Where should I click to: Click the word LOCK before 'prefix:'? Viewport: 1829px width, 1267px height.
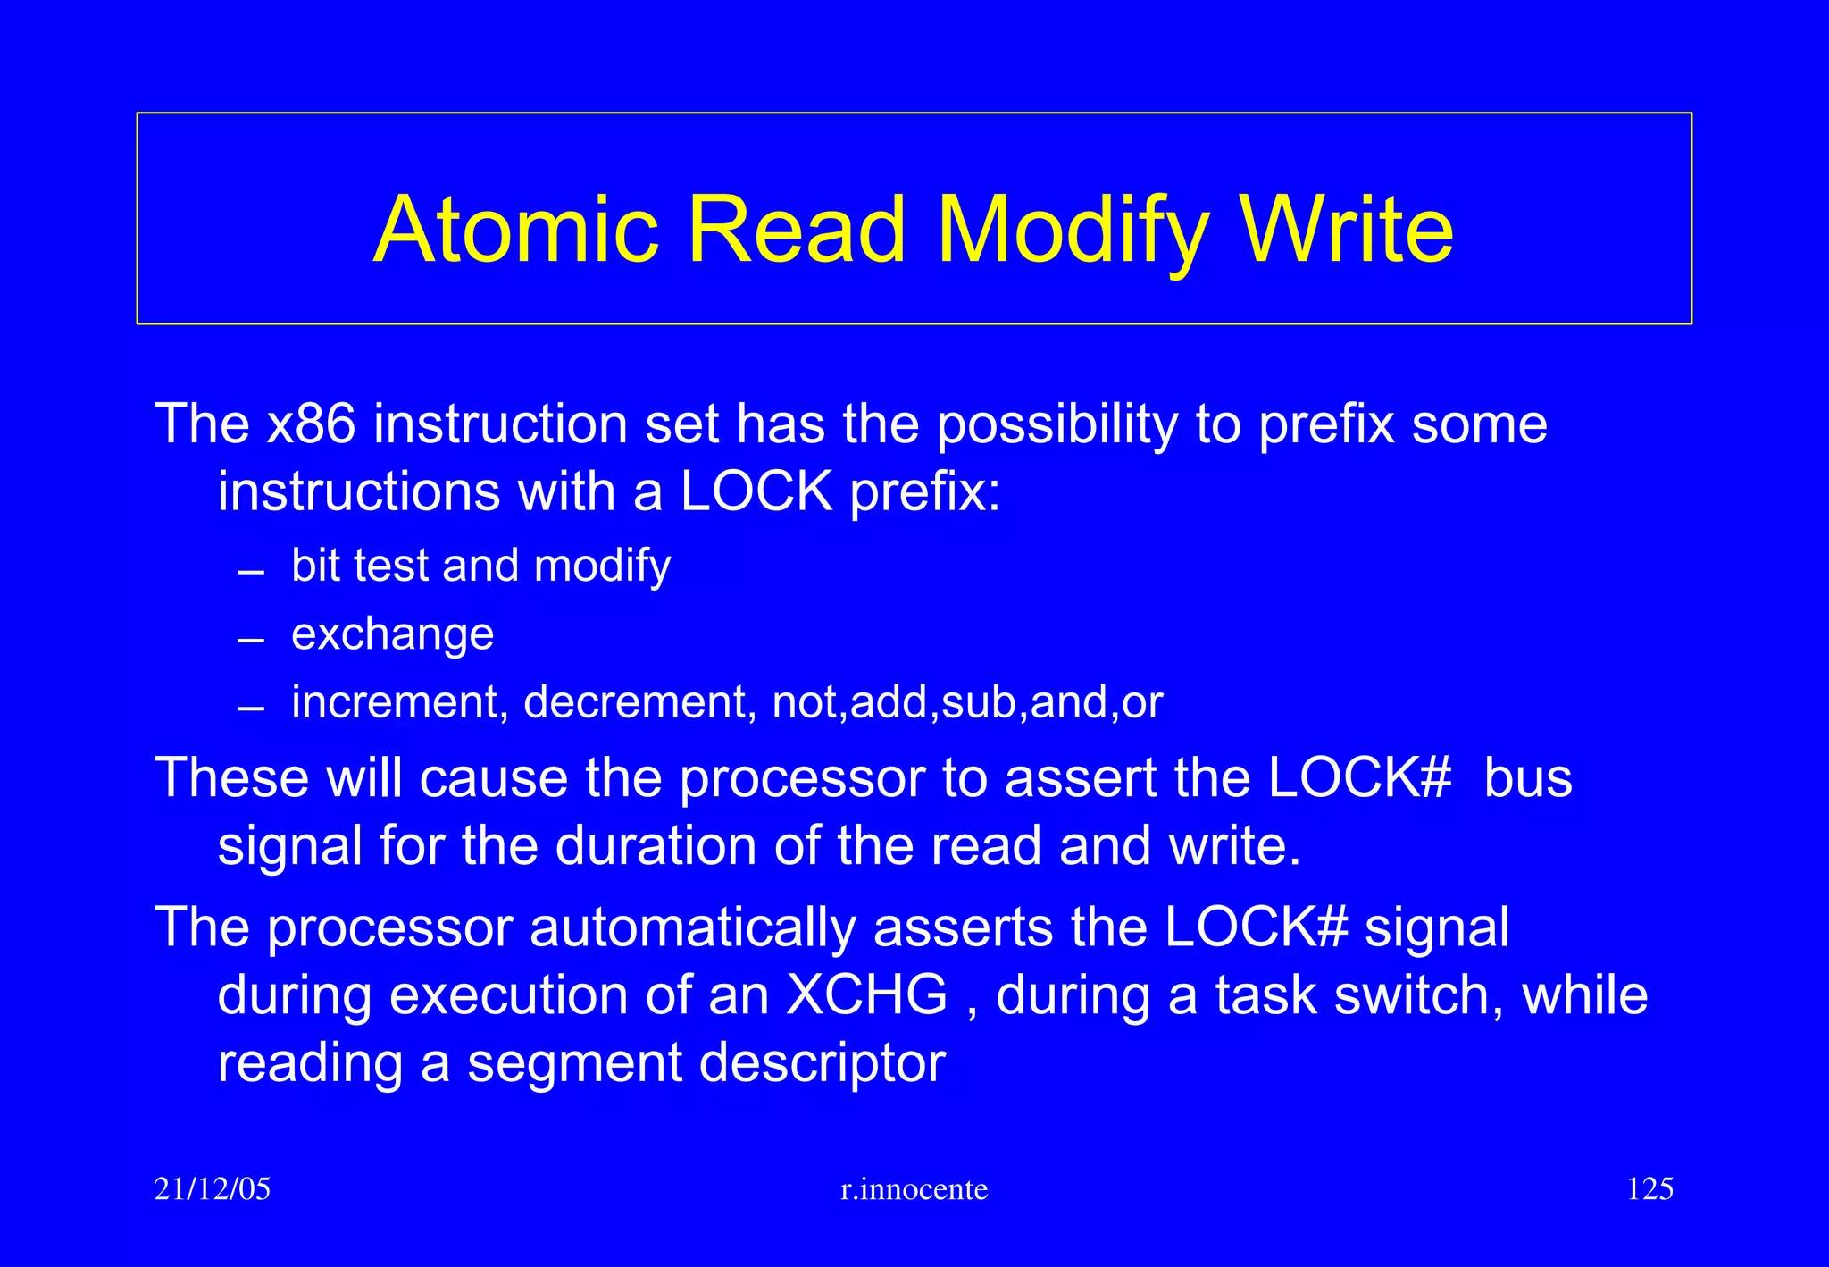pos(756,491)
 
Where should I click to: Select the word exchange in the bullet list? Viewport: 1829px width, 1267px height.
pos(392,634)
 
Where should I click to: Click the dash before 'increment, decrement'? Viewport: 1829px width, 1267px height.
pos(252,709)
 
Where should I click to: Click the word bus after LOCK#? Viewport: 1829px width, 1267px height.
pos(1527,777)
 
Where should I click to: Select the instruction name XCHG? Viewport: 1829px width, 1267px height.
pos(866,994)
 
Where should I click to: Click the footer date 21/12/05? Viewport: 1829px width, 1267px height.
pos(213,1189)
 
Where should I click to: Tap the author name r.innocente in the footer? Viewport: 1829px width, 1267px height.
pos(914,1189)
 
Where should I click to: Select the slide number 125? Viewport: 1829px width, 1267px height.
pos(1649,1189)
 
